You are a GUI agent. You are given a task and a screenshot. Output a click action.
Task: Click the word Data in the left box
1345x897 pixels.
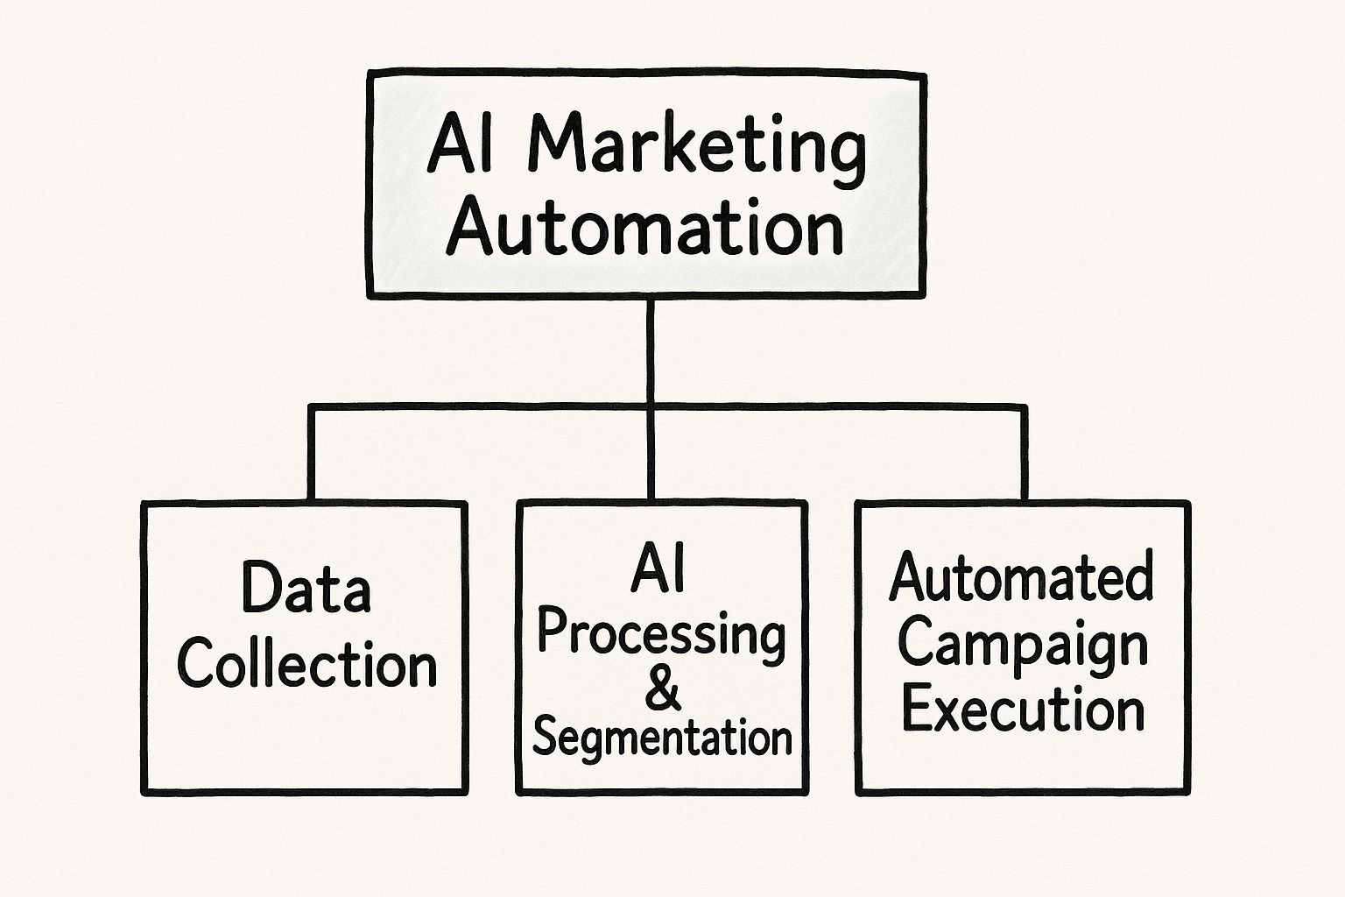(306, 589)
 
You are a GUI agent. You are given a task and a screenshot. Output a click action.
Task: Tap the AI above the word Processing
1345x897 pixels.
(658, 568)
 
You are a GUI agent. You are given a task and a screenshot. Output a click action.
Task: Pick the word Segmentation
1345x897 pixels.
(662, 738)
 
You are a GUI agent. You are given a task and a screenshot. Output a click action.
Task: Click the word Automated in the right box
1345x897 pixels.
(1021, 578)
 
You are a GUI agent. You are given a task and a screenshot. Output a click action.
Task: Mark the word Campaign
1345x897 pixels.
(1022, 645)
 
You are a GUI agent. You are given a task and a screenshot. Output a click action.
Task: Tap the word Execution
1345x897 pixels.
(1023, 710)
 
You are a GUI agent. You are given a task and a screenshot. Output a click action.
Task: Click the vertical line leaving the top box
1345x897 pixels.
(650, 350)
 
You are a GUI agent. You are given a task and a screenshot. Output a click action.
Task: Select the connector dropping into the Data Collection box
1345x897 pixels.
(310, 456)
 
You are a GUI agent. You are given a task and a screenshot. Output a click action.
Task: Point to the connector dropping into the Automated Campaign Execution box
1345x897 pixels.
(1023, 456)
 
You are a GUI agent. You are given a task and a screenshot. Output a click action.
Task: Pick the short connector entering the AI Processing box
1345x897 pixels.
(650, 456)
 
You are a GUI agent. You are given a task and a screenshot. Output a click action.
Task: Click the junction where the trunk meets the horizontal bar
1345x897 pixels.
(650, 407)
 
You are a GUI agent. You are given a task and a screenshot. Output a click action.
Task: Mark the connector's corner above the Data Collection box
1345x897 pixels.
(311, 408)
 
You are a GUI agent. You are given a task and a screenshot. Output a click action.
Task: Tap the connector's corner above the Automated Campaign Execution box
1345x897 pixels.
(1023, 408)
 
